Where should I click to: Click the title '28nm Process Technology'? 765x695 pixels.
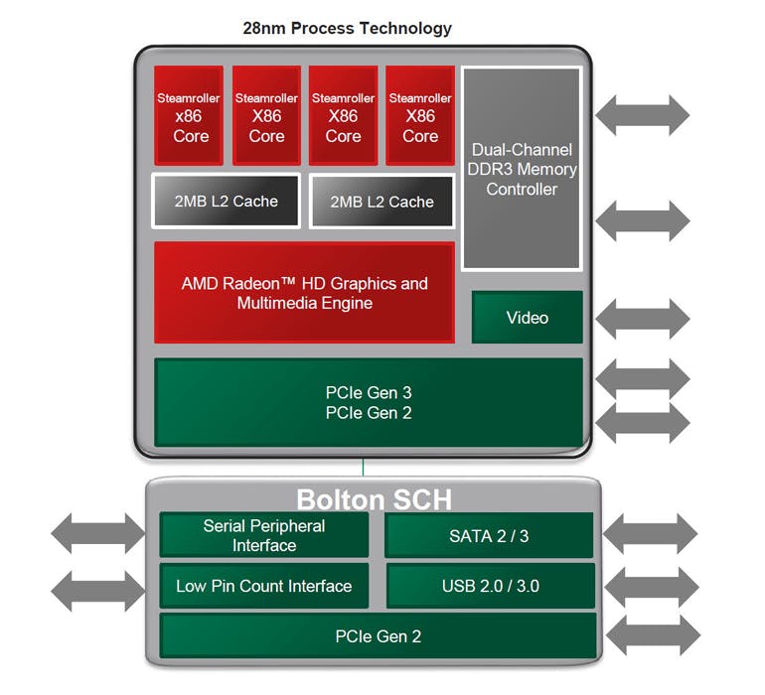tap(347, 28)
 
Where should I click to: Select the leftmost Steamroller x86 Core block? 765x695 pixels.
tap(191, 116)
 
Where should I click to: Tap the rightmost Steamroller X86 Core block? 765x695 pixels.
tap(419, 116)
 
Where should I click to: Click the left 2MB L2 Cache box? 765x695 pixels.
tap(226, 202)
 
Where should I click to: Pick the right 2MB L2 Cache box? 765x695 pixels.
tap(382, 202)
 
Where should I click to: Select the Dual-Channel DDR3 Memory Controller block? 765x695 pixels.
tap(522, 169)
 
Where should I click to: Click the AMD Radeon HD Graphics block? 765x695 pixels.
tap(304, 293)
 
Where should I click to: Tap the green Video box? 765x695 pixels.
tap(527, 318)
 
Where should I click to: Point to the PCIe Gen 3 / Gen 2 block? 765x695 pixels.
tap(368, 402)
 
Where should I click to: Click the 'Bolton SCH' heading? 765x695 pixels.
tap(374, 497)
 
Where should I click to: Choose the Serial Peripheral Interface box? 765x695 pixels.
tap(263, 535)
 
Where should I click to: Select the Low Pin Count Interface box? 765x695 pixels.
tap(263, 586)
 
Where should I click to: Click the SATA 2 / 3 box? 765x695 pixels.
tap(489, 535)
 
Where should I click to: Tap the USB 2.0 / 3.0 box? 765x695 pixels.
tap(490, 586)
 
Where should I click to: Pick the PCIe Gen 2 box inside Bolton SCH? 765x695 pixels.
tap(378, 635)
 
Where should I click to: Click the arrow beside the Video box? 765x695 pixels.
tap(642, 318)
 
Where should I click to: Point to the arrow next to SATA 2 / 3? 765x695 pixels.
tap(651, 535)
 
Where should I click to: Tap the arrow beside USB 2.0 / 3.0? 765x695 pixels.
tap(651, 588)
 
